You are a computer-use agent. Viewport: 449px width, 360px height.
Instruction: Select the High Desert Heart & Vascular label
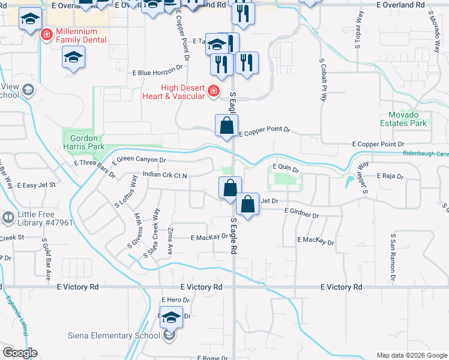175,92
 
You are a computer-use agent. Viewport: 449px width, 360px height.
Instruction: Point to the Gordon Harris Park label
84,142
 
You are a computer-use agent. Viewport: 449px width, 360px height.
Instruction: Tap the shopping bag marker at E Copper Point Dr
226,126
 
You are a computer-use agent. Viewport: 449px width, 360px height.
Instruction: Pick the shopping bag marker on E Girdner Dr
247,205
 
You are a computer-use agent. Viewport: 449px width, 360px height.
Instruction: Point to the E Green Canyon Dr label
138,160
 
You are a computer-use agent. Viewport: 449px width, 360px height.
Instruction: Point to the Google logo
20,353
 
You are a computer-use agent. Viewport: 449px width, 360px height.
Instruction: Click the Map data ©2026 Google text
411,355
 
